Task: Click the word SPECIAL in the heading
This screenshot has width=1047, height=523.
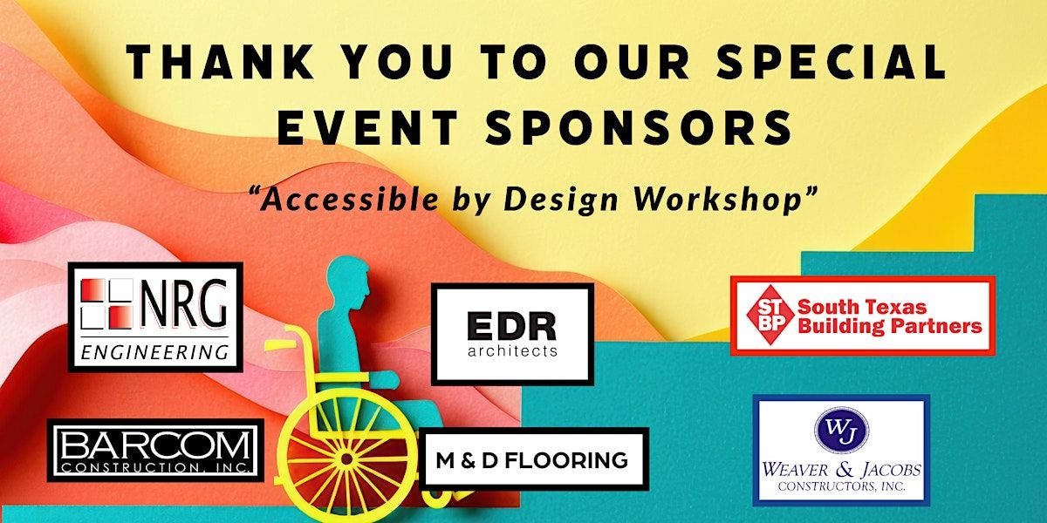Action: pos(831,61)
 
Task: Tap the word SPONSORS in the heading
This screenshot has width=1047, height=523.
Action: pos(639,127)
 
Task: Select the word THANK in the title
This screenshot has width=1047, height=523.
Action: pos(220,61)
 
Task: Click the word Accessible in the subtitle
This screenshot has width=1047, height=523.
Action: pos(350,200)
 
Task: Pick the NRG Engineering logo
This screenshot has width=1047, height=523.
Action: pos(155,317)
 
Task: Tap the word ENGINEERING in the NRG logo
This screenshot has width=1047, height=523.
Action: pos(154,352)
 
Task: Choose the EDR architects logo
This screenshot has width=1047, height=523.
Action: pos(512,334)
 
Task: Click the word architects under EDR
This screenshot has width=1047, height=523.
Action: pos(512,350)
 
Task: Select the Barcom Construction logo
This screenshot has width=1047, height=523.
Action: pos(155,450)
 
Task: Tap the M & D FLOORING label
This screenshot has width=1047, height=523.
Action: pos(533,460)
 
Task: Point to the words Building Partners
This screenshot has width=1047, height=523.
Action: pos(889,326)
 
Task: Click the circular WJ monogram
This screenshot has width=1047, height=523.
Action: pos(841,430)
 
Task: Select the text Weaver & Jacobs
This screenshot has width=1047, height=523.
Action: pos(841,469)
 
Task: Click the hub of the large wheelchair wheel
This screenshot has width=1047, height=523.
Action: pos(346,459)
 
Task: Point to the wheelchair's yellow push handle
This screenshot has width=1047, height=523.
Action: pos(280,345)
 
